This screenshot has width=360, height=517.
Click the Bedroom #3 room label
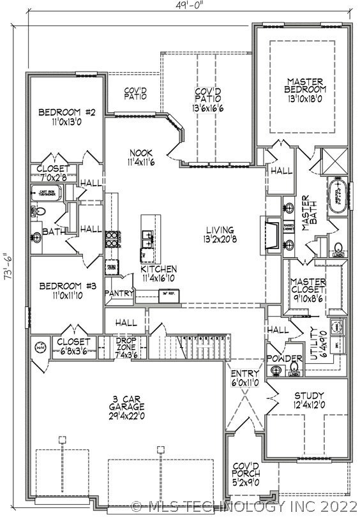(66, 286)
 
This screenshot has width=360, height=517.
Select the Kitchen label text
(158, 269)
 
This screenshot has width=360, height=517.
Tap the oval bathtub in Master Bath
(336, 194)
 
